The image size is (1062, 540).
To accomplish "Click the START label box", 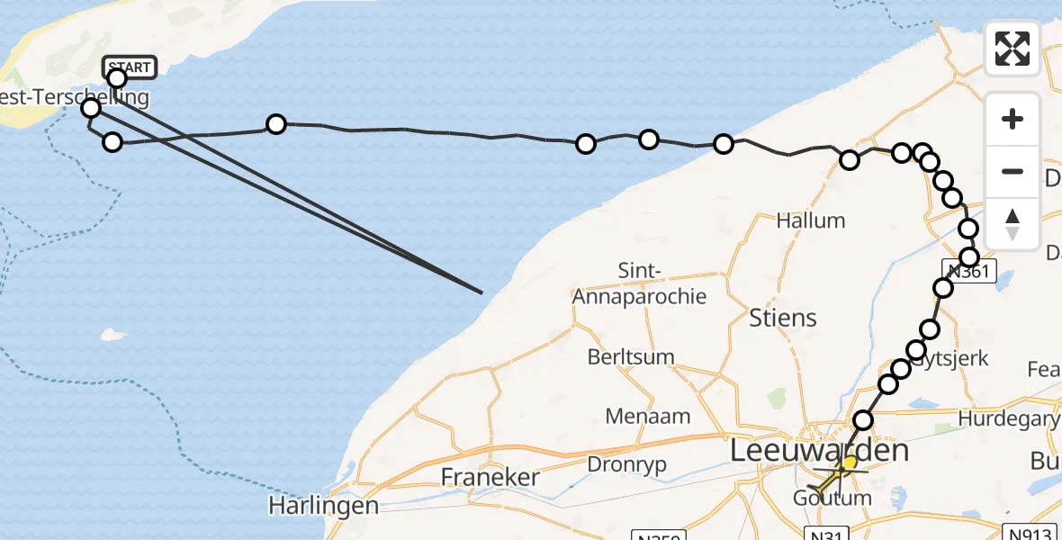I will [130, 67].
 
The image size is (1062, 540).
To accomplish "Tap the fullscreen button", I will [1012, 49].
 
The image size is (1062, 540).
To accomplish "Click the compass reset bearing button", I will [1012, 224].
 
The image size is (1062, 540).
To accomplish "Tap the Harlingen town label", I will [324, 506].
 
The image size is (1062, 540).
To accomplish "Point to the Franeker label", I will [490, 477].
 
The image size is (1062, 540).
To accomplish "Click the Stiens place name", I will [783, 317].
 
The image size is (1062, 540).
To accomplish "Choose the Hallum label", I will [811, 220].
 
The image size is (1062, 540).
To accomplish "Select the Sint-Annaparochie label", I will [639, 283].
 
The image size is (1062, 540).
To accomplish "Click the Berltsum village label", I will [631, 356].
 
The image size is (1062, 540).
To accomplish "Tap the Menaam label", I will [648, 416].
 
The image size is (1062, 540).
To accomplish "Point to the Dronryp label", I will [630, 464].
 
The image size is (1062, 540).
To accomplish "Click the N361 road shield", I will [970, 271].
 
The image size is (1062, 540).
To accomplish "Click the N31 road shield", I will [825, 534].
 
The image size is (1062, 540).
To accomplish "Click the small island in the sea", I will [112, 335].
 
